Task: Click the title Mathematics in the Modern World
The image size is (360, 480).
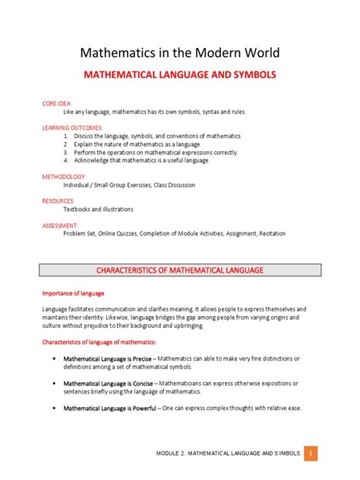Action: (x=180, y=52)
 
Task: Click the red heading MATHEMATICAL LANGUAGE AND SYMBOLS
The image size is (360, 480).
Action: (x=180, y=77)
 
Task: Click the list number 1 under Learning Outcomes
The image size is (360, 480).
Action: (x=67, y=135)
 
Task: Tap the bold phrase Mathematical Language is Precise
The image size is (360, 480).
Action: (x=115, y=358)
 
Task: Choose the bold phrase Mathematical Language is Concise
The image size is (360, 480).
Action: (x=115, y=384)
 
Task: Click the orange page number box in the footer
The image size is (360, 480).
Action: (x=311, y=453)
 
